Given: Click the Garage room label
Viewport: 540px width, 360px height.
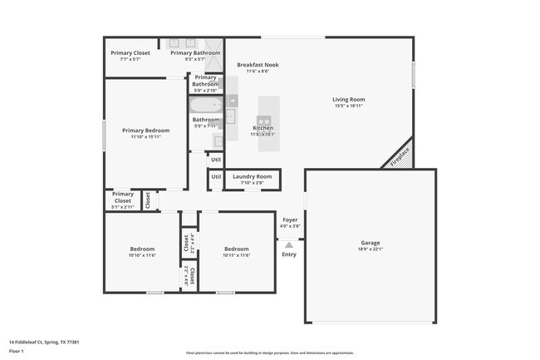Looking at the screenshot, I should (x=370, y=243).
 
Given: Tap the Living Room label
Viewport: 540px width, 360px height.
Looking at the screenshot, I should (x=349, y=100).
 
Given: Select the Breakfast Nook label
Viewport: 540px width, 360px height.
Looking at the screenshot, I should (x=258, y=65).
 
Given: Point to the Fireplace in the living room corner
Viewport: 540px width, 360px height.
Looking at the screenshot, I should (x=400, y=155).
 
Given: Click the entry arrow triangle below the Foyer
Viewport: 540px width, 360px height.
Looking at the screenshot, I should (x=289, y=245).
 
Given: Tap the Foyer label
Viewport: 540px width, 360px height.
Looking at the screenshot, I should (x=289, y=220).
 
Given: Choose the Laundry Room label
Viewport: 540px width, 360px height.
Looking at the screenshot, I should (x=252, y=176).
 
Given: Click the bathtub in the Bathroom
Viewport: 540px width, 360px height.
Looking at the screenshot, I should (x=204, y=105).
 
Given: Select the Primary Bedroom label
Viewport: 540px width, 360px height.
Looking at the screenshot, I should (x=145, y=131).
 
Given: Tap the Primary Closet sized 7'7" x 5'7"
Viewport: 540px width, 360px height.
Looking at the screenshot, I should (x=130, y=53).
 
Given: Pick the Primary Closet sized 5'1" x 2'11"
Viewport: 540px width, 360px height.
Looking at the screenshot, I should (x=122, y=197).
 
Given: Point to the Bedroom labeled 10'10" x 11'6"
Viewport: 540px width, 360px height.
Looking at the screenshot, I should (x=142, y=249).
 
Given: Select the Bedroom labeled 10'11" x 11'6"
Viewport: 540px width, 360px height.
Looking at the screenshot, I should (x=236, y=249).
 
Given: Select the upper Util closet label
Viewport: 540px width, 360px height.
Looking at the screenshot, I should (x=215, y=159).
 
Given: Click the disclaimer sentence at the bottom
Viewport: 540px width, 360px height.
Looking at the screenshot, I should (x=269, y=353).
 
